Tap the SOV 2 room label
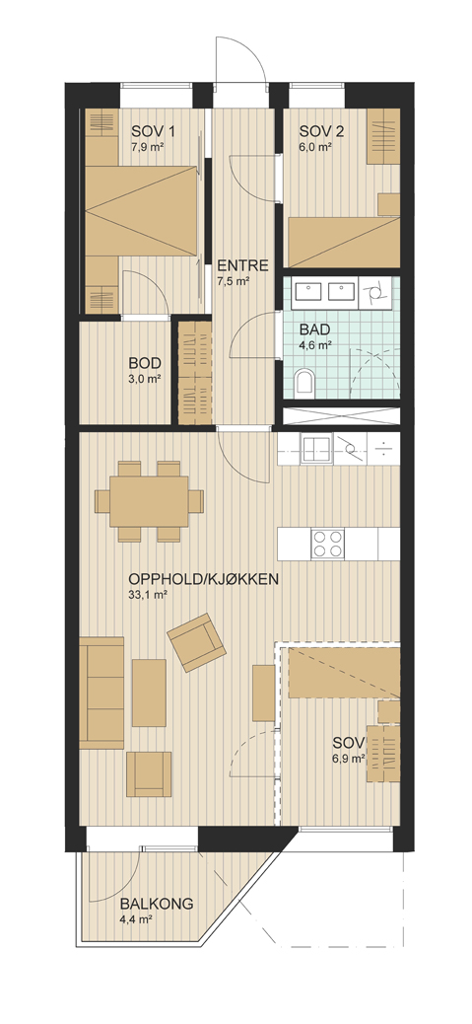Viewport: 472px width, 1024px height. pyautogui.click(x=321, y=130)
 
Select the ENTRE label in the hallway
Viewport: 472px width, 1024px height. pyautogui.click(x=242, y=265)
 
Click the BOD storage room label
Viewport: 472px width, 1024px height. pyautogui.click(x=144, y=363)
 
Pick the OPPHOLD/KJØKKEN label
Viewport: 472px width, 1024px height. pyautogui.click(x=204, y=579)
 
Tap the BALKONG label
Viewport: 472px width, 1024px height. pyautogui.click(x=157, y=905)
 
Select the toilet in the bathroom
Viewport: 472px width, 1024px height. pyautogui.click(x=303, y=382)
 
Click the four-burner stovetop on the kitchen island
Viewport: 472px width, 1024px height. pyautogui.click(x=327, y=544)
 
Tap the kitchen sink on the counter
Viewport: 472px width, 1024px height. pyautogui.click(x=317, y=449)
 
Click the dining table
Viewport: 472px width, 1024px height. pyautogui.click(x=149, y=501)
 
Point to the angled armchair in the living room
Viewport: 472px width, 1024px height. pyautogui.click(x=196, y=642)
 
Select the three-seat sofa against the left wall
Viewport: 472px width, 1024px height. pyautogui.click(x=101, y=693)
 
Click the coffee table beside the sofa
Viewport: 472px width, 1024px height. pyautogui.click(x=150, y=693)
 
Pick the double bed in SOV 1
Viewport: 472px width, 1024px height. pyautogui.click(x=142, y=211)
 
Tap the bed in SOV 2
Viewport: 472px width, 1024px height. pyautogui.click(x=344, y=242)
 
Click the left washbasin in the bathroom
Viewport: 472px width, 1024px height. pyautogui.click(x=305, y=292)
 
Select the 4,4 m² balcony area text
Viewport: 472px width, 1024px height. pyautogui.click(x=136, y=920)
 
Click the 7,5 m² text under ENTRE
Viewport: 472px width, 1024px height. pyautogui.click(x=235, y=282)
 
